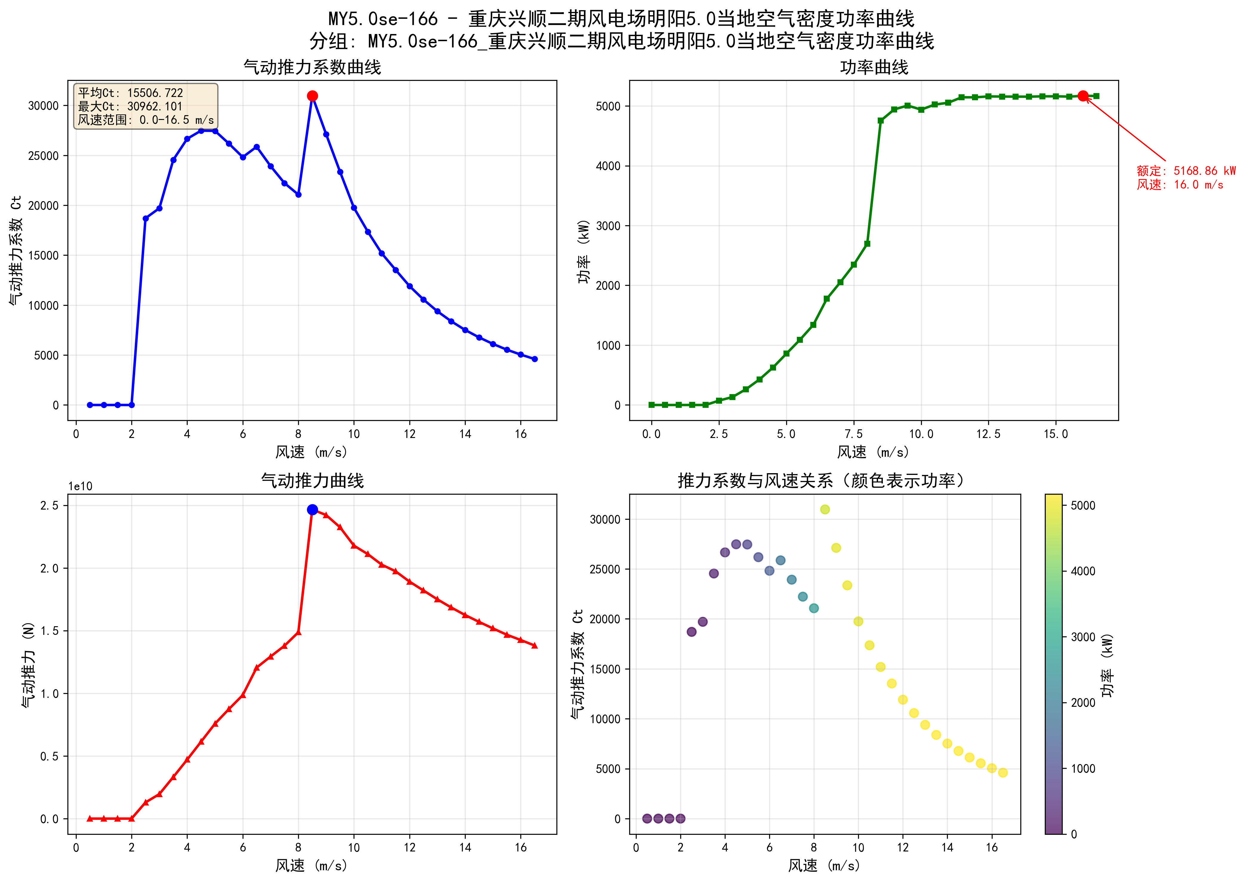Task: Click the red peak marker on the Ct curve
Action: (x=312, y=96)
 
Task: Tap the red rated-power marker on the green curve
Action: (x=1083, y=96)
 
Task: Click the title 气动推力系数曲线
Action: (x=312, y=67)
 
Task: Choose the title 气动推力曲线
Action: (x=312, y=481)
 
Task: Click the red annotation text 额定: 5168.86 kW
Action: (x=1186, y=171)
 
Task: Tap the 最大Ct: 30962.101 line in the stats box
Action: (x=130, y=106)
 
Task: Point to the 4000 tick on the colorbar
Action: (x=1083, y=571)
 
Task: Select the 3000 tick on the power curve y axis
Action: (x=607, y=226)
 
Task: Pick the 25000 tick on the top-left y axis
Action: (x=43, y=156)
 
